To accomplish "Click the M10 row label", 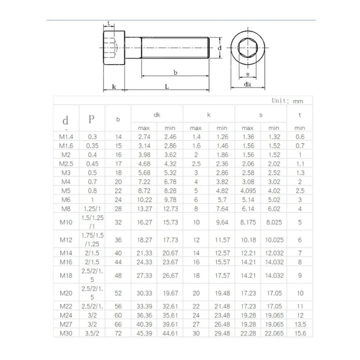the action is pos(66,222).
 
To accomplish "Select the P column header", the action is pos(91,120).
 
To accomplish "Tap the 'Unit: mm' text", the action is pos(287,101).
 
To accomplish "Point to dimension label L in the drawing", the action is pos(167,86).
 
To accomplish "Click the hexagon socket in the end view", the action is pos(248,48).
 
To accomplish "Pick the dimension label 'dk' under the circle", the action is pos(248,84).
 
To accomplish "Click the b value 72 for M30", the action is pos(118,333).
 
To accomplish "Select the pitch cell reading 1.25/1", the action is pos(92,209).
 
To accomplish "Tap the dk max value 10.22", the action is pos(144,200).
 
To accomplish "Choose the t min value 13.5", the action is pos(300,324).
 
